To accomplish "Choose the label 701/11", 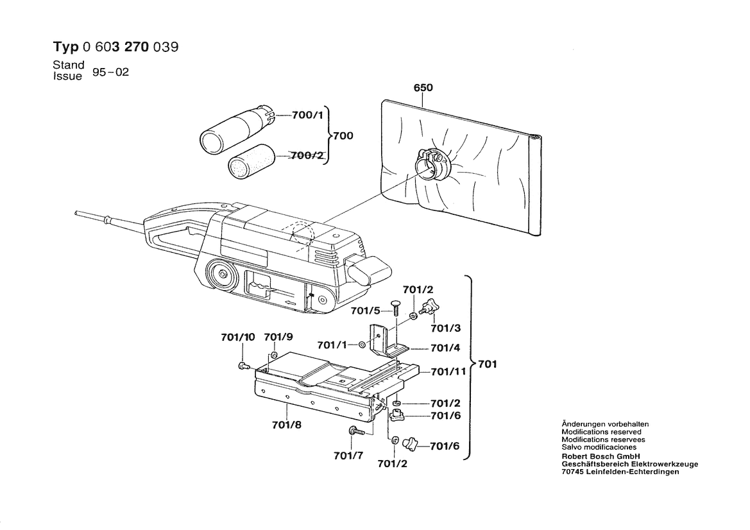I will [448, 371].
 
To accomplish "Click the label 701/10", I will [238, 337].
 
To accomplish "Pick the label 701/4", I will [445, 348].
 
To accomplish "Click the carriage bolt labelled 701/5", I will [396, 310].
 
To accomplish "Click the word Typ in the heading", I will [64, 47].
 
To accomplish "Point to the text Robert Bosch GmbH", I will [597, 456].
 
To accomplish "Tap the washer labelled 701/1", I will [362, 345].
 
